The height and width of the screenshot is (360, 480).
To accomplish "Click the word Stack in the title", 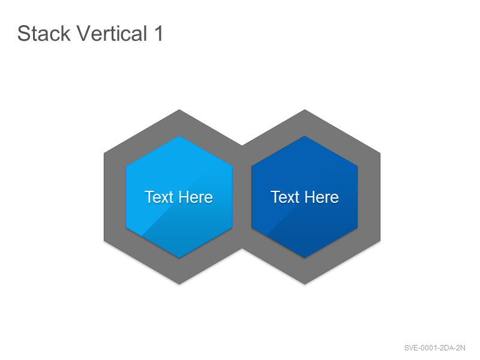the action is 44,33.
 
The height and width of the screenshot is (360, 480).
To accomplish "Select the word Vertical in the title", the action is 112,33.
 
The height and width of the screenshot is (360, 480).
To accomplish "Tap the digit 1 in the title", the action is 158,33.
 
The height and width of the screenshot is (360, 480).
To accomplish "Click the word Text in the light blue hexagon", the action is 159,197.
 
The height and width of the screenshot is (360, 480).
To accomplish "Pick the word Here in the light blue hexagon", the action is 196,197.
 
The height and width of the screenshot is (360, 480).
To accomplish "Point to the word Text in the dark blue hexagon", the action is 285,197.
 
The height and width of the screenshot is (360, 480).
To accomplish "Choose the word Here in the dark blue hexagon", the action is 322,197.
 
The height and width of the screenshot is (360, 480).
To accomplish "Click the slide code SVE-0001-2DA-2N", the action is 434,348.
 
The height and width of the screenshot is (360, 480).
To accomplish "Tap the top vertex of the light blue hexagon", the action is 179,136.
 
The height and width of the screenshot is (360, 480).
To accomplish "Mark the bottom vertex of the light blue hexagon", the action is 179,258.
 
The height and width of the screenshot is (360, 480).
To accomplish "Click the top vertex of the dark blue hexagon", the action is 305,136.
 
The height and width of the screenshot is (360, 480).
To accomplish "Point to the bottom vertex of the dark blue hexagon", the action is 305,258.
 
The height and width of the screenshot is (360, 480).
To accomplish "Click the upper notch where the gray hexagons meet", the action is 242,145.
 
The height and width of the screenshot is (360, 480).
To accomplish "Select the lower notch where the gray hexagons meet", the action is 242,248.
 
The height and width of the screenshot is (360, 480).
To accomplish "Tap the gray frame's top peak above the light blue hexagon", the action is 179,110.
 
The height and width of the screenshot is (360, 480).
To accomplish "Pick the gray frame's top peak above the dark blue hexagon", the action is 305,110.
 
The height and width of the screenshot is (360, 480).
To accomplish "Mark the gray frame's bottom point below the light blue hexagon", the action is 179,284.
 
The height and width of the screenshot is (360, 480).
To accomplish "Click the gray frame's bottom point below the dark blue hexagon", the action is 305,284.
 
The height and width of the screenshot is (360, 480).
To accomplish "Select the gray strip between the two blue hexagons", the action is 242,197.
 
